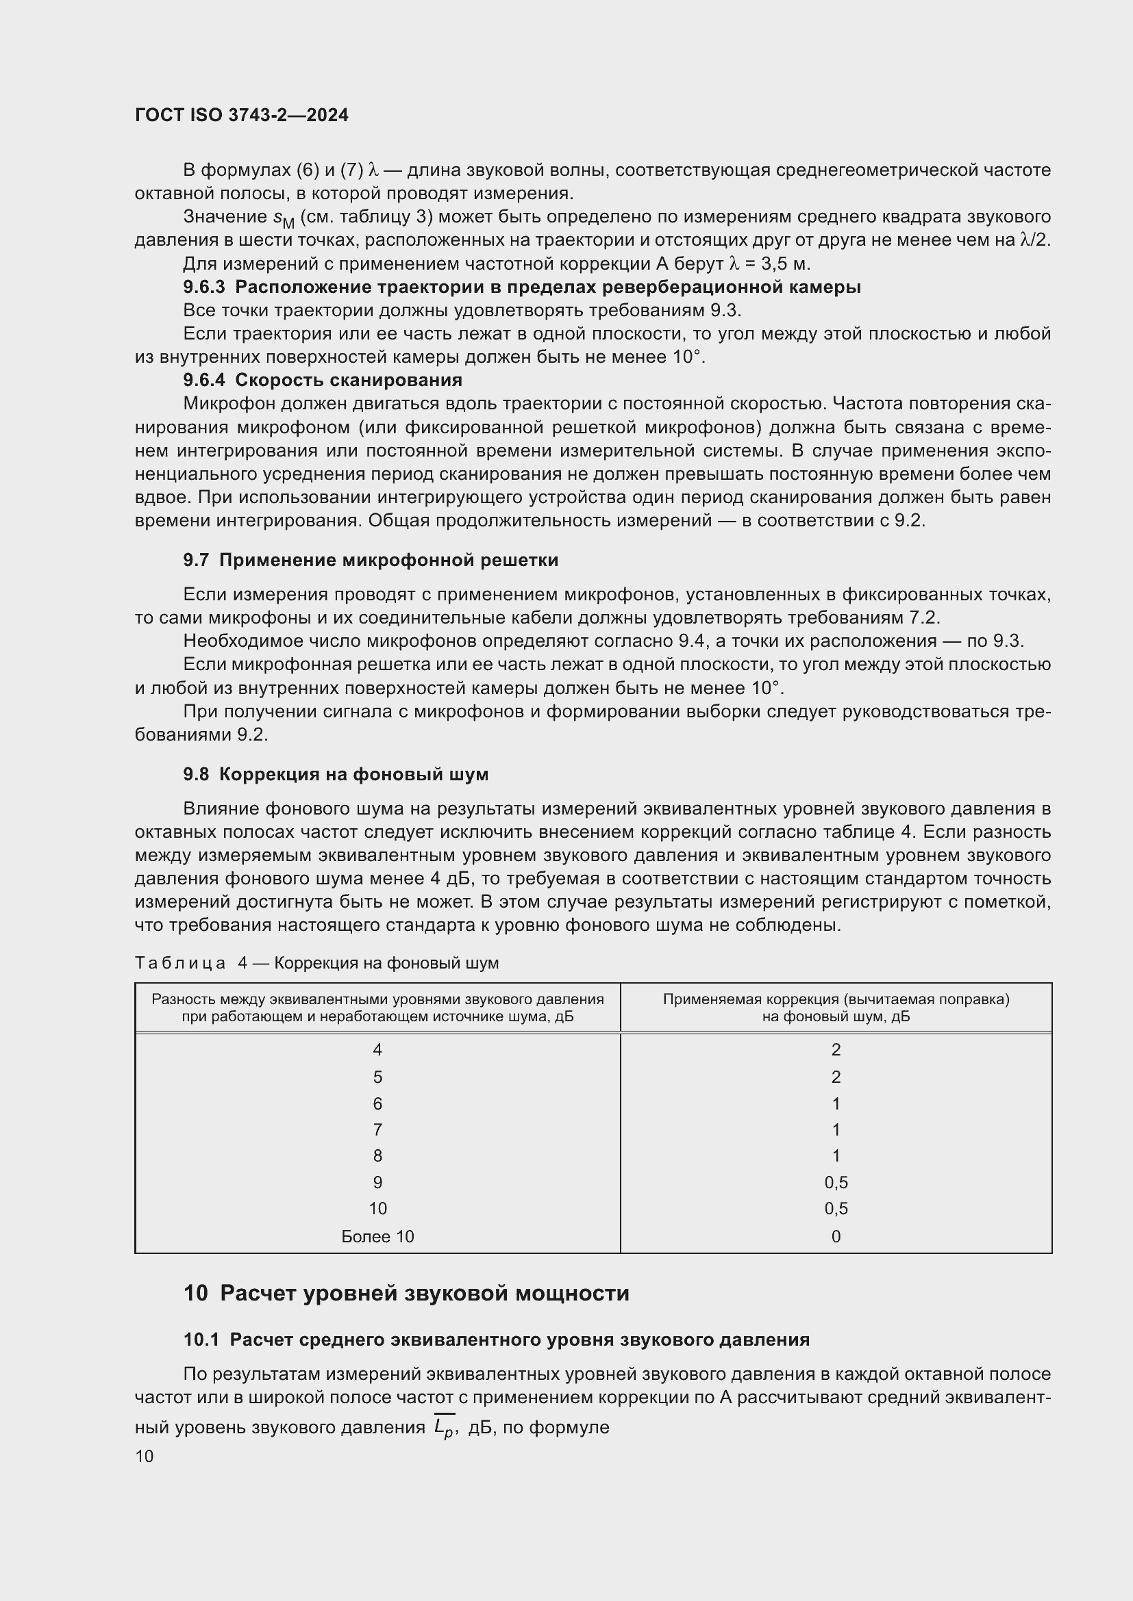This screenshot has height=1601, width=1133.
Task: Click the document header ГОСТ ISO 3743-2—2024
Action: [241, 115]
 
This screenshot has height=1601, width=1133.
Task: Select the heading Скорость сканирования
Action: [349, 380]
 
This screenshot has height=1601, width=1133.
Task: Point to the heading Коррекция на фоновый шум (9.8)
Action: [353, 774]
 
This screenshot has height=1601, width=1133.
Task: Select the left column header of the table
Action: [377, 1008]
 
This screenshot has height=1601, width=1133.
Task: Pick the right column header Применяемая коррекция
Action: [836, 1008]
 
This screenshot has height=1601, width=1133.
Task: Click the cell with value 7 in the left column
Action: [377, 1129]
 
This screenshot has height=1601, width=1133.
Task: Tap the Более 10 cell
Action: [377, 1236]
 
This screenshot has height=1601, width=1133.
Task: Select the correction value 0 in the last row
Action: [836, 1236]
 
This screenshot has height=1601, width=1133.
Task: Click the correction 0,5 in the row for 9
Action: [836, 1182]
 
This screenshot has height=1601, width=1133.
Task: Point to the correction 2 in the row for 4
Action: [836, 1049]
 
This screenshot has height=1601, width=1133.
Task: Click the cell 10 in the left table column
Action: [377, 1208]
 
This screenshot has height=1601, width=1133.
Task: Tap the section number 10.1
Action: [201, 1340]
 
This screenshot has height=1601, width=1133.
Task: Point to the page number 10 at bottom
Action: [145, 1457]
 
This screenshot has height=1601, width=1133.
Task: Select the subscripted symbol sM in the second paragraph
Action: [284, 220]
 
